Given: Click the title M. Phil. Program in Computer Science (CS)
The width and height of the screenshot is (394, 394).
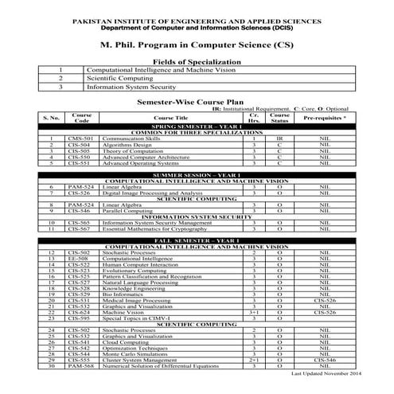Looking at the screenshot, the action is pyautogui.click(x=197, y=46).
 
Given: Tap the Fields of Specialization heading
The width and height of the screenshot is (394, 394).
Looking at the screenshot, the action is pyautogui.click(x=197, y=61).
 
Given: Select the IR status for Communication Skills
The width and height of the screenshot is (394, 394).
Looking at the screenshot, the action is pyautogui.click(x=279, y=138).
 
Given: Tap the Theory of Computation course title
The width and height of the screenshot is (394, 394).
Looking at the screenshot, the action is pyautogui.click(x=131, y=150).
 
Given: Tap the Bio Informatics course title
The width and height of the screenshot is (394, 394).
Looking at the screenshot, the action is pyautogui.click(x=123, y=295).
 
